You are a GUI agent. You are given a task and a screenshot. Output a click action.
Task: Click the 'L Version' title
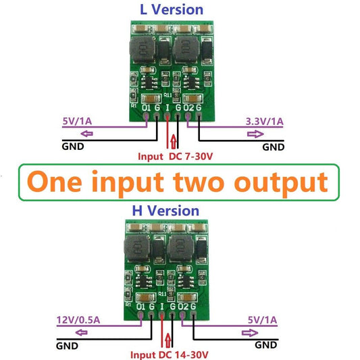171,9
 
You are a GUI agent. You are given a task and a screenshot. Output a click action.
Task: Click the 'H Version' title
165,210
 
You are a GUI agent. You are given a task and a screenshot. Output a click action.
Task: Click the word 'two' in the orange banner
203,182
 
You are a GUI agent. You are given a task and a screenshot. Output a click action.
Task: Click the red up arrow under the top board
175,141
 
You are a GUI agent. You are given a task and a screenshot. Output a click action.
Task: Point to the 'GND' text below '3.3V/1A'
273,147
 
